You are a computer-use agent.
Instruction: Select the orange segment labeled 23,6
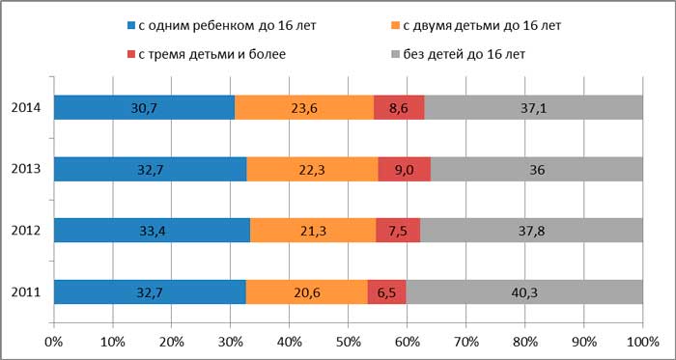(x=304, y=107)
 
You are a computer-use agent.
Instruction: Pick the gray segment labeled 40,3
(x=524, y=291)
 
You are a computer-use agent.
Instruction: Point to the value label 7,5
(x=398, y=231)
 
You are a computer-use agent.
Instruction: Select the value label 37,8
(x=532, y=231)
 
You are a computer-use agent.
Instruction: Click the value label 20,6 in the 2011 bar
(x=306, y=291)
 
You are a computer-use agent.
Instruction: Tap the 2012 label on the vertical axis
(x=26, y=231)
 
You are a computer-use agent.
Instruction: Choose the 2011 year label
(x=26, y=291)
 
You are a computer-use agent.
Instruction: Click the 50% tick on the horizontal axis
(x=349, y=341)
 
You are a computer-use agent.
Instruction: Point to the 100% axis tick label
(x=642, y=341)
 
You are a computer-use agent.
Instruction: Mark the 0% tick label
(x=54, y=341)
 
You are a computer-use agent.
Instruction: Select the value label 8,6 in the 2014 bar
(x=399, y=107)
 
